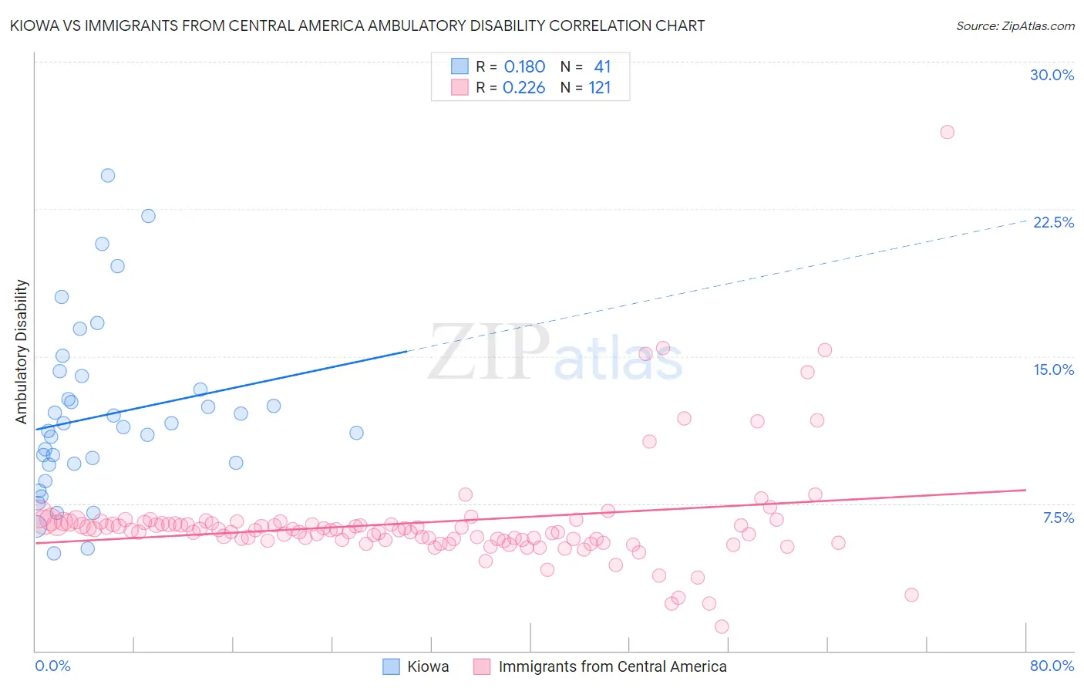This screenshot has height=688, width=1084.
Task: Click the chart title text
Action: [x=357, y=26]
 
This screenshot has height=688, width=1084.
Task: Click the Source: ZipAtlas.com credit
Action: [x=1015, y=26]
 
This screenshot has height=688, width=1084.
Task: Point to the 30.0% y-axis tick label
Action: [x=1052, y=75]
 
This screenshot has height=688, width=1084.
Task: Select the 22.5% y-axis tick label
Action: [x=1053, y=222]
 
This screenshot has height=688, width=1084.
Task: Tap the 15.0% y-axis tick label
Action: [x=1053, y=369]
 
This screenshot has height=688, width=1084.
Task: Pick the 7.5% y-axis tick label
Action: [x=1058, y=518]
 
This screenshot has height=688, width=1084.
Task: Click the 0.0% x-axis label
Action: [x=52, y=666]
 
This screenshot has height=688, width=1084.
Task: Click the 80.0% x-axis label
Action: [x=1052, y=666]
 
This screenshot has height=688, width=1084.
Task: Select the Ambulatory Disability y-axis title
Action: [x=22, y=352]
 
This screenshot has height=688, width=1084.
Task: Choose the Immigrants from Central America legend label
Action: [x=612, y=666]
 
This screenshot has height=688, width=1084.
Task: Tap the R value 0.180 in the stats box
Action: [x=524, y=67]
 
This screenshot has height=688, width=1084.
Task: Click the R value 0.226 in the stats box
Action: [x=523, y=88]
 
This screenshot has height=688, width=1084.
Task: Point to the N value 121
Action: [x=599, y=88]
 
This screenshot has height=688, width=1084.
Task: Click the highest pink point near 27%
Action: [x=947, y=132]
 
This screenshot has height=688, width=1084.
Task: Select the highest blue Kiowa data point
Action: [x=108, y=176]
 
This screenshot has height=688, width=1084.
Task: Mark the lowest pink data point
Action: [x=722, y=626]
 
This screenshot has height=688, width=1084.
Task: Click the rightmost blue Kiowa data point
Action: [x=356, y=433]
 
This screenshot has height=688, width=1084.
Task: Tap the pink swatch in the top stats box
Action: [x=460, y=87]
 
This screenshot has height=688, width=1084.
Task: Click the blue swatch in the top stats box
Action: [x=460, y=66]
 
